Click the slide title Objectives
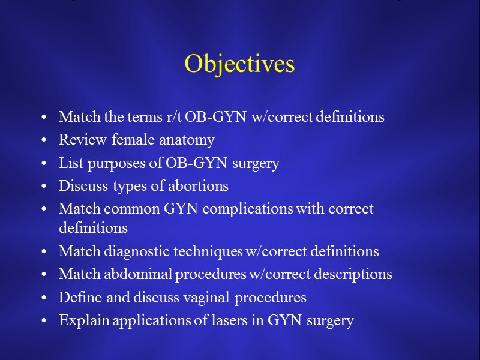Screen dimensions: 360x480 click(239, 64)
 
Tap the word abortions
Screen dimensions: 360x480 click(197, 186)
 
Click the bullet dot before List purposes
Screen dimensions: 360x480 click(45, 164)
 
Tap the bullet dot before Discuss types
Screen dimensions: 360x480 click(45, 187)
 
